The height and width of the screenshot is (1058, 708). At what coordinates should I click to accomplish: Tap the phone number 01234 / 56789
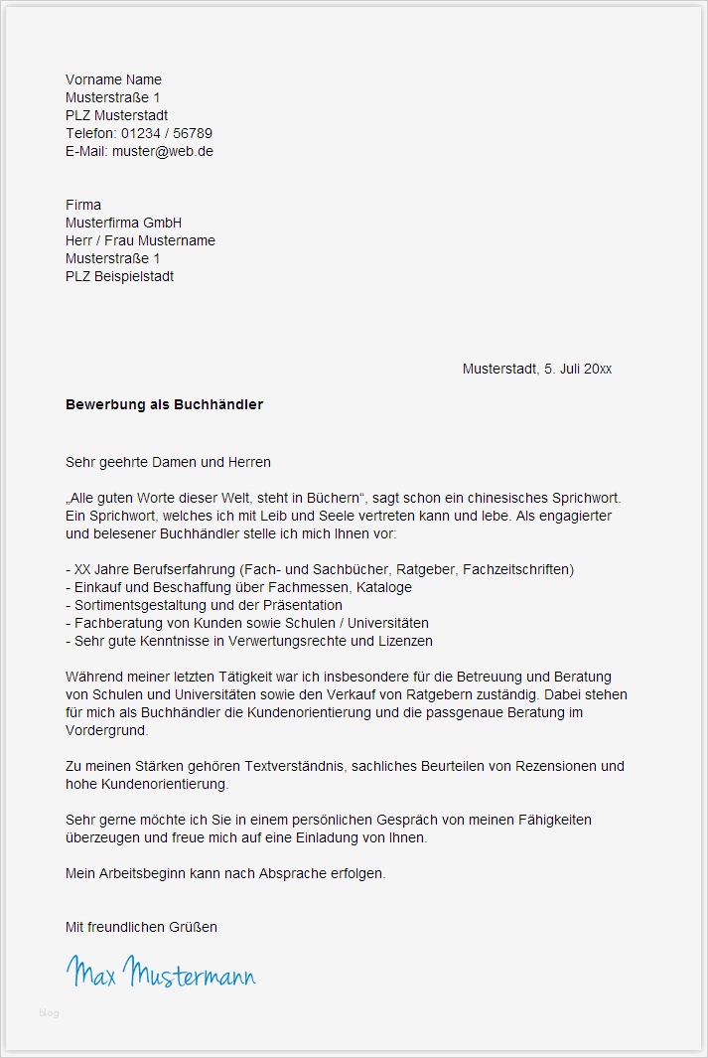pos(167,133)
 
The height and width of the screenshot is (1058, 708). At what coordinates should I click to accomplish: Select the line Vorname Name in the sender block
pos(113,79)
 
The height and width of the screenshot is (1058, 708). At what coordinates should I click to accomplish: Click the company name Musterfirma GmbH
pos(123,223)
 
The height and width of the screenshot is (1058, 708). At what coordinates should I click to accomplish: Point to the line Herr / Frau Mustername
pos(140,240)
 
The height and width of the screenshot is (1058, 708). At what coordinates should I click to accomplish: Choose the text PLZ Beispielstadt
pos(119,276)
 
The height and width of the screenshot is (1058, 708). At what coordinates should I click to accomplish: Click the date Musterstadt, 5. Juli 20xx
pos(536,369)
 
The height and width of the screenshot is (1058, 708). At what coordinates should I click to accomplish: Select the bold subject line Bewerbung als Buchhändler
pos(164,404)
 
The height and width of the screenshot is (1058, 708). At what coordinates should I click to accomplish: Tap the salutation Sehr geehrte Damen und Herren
pos(168,462)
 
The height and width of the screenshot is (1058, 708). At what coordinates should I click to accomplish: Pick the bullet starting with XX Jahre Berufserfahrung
pos(319,569)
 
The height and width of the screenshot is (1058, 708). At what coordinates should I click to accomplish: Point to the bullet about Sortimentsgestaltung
pos(204,605)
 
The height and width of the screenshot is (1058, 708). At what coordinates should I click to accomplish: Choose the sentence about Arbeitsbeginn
pos(224,873)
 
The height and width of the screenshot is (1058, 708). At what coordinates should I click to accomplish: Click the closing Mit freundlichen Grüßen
pos(141,927)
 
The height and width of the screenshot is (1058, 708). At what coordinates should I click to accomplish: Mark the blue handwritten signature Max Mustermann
pos(161,971)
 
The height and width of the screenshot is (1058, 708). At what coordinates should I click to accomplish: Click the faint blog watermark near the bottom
pos(49,1013)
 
